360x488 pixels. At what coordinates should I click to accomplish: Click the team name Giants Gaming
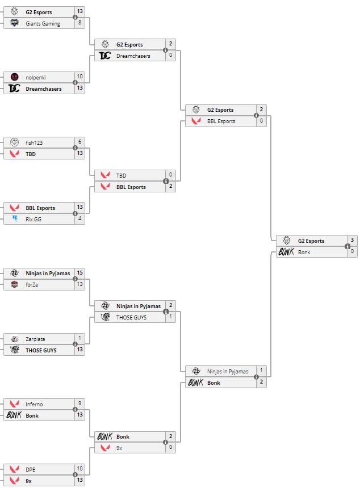pos(43,23)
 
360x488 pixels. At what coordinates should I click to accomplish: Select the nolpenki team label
pos(35,77)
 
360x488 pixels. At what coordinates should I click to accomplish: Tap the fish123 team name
pos(34,142)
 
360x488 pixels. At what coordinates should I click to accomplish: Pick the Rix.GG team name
pos(34,219)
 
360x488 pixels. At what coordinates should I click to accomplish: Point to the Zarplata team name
pos(35,339)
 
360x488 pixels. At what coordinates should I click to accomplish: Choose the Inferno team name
pos(35,404)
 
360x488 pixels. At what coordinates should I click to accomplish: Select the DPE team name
pos(31,469)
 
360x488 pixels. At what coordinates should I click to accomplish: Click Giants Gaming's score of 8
pos(80,23)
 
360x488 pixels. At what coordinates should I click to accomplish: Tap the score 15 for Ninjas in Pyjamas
pos(80,273)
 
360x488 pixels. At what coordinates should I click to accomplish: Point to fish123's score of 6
pos(80,142)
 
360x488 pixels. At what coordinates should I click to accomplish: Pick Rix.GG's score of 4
pos(80,219)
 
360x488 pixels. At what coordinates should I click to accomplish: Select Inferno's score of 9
pos(80,404)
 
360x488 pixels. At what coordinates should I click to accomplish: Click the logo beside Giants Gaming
pos(14,23)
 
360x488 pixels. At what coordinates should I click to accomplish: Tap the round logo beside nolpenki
pos(14,77)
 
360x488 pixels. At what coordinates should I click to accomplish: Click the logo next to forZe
pos(14,284)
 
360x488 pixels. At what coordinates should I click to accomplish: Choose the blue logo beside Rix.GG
pos(14,219)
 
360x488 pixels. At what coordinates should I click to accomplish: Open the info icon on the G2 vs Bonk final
pos(347,246)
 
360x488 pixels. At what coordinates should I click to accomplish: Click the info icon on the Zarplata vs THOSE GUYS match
pos(75,344)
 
